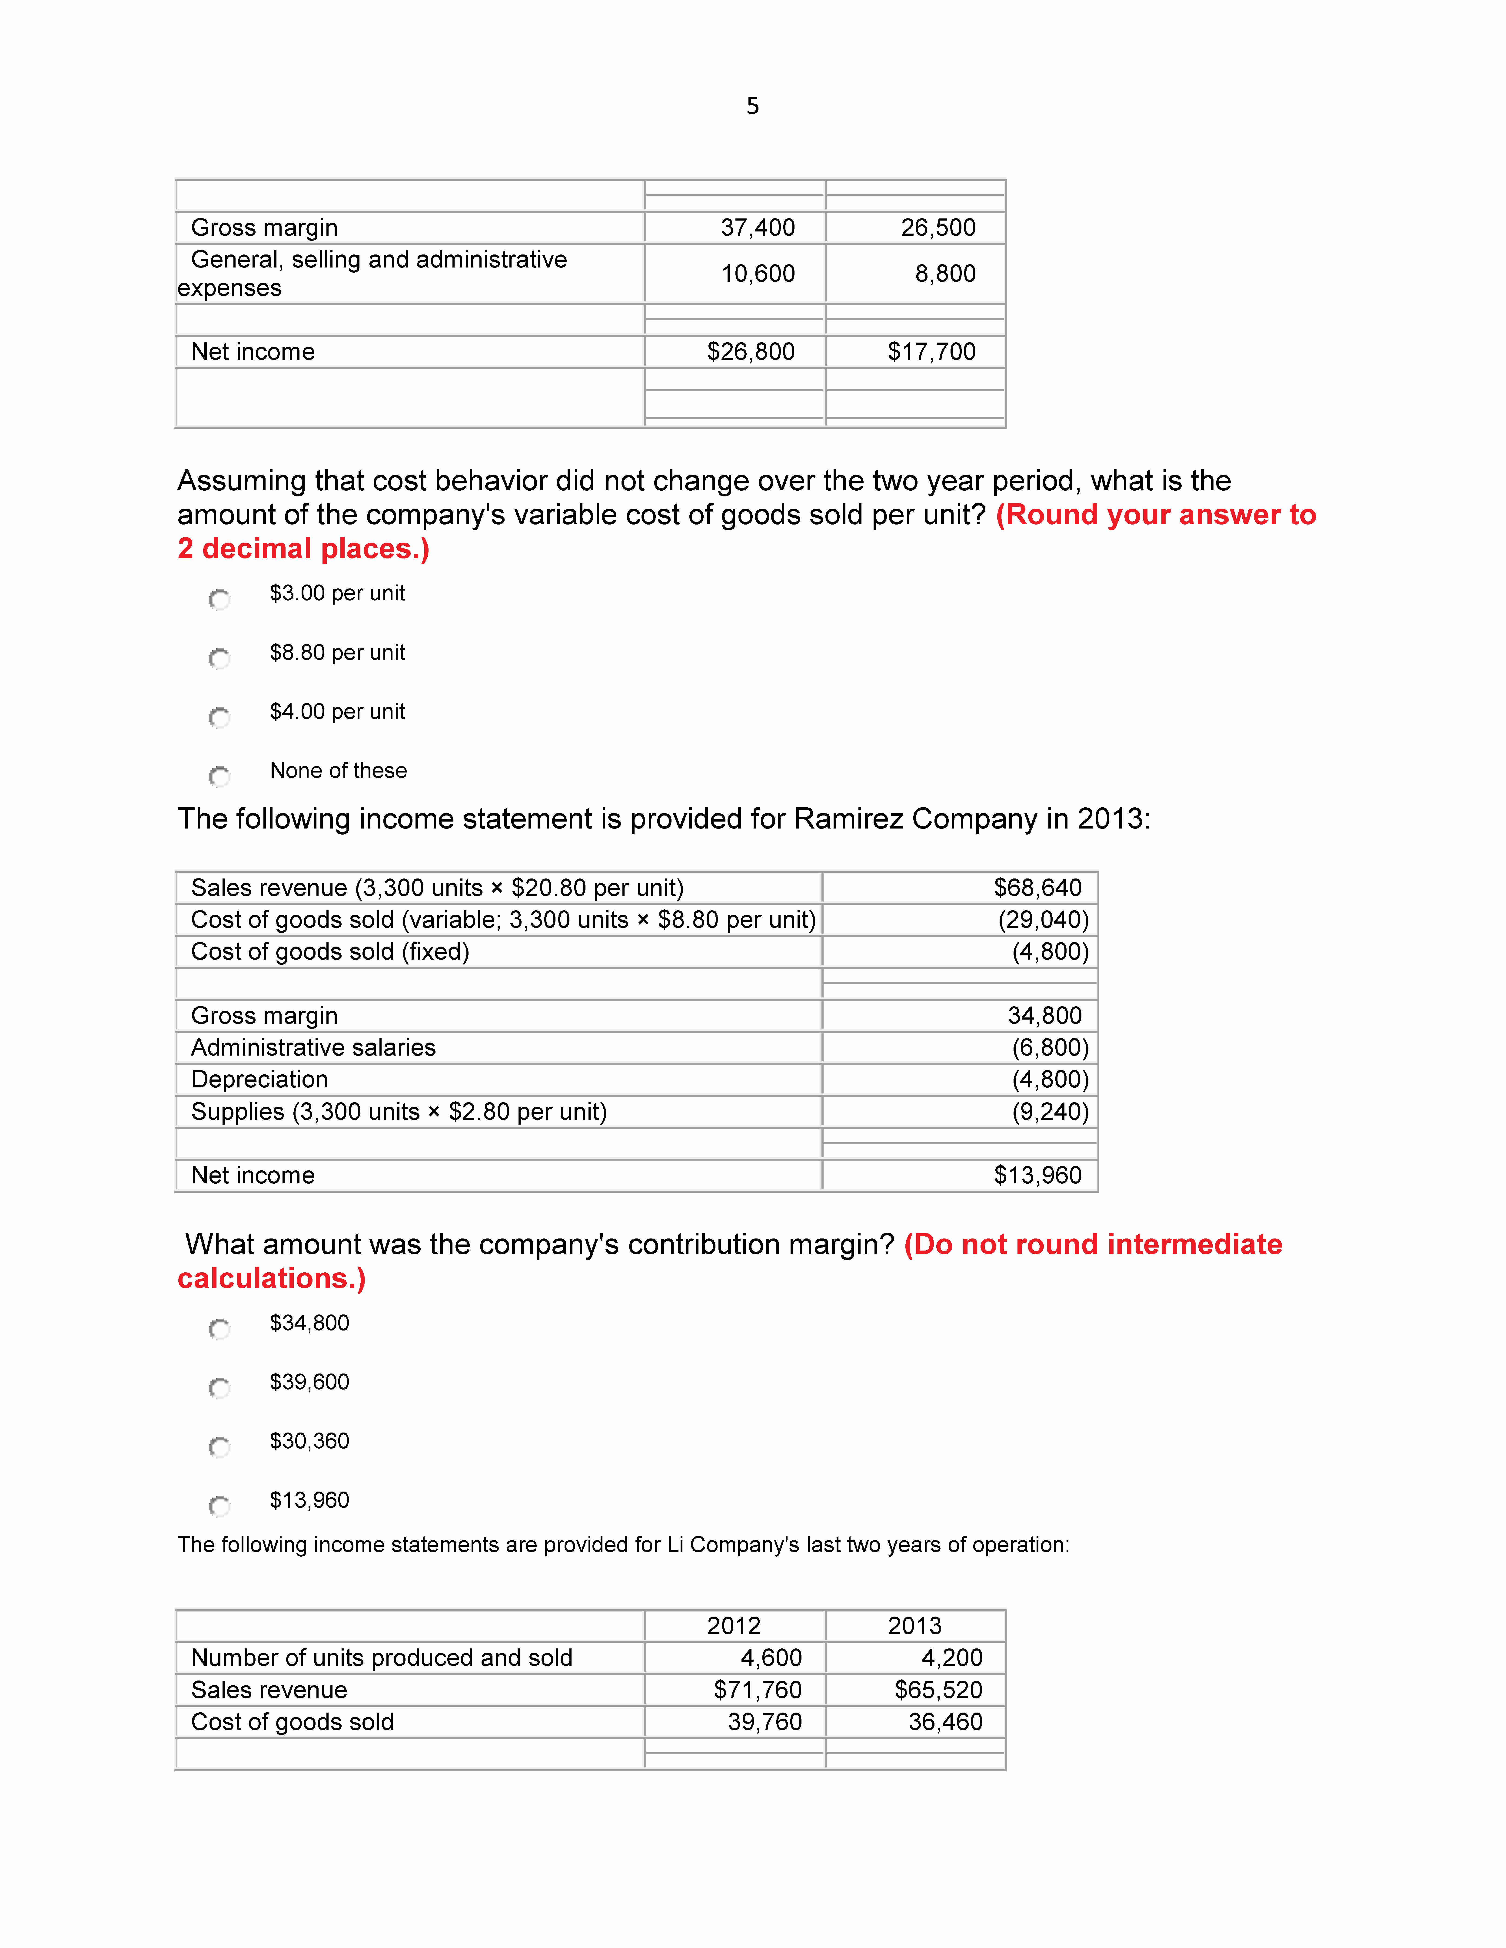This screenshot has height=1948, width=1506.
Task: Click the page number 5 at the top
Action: [x=752, y=106]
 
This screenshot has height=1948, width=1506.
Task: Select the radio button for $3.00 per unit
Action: [x=219, y=599]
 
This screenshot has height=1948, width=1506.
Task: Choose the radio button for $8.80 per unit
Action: [x=219, y=658]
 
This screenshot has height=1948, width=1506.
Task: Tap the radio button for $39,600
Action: [x=219, y=1388]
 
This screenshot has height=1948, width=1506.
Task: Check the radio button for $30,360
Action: [x=219, y=1447]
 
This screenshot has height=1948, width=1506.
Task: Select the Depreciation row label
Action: [x=260, y=1079]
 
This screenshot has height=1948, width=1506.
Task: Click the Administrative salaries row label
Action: [x=313, y=1047]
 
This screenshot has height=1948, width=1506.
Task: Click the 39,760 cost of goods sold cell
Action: [x=765, y=1721]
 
